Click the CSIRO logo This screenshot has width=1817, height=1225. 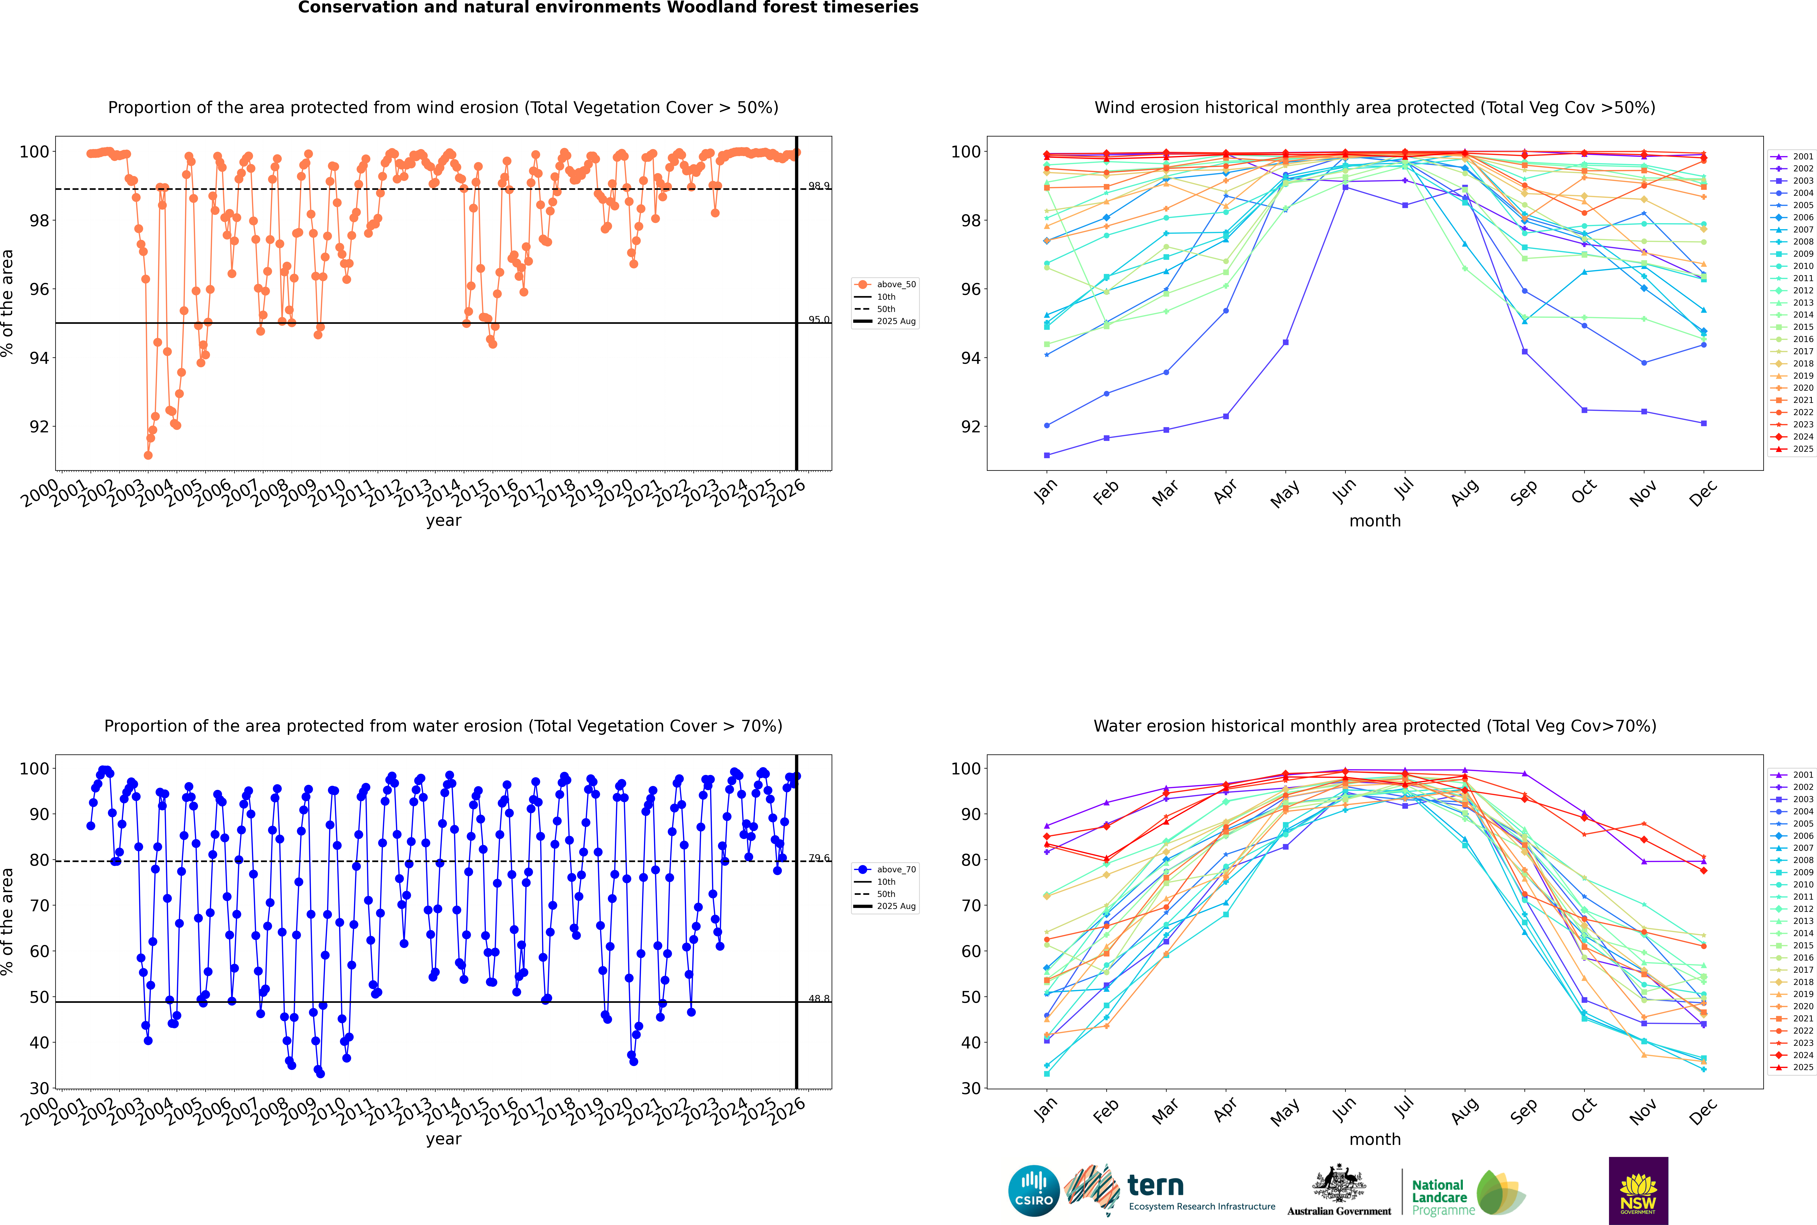coord(1033,1191)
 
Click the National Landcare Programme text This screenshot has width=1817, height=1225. coord(1439,1197)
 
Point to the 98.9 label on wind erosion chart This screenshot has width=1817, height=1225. coord(819,186)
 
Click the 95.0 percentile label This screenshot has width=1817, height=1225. coord(819,320)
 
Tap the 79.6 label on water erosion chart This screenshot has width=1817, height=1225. coord(819,858)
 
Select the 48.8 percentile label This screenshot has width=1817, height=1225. coord(819,998)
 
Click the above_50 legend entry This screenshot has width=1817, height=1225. coord(895,284)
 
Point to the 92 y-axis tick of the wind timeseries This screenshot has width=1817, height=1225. coord(39,427)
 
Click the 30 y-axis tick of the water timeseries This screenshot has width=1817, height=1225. coord(39,1088)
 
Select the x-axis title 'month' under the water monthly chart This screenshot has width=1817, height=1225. coord(1375,1139)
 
